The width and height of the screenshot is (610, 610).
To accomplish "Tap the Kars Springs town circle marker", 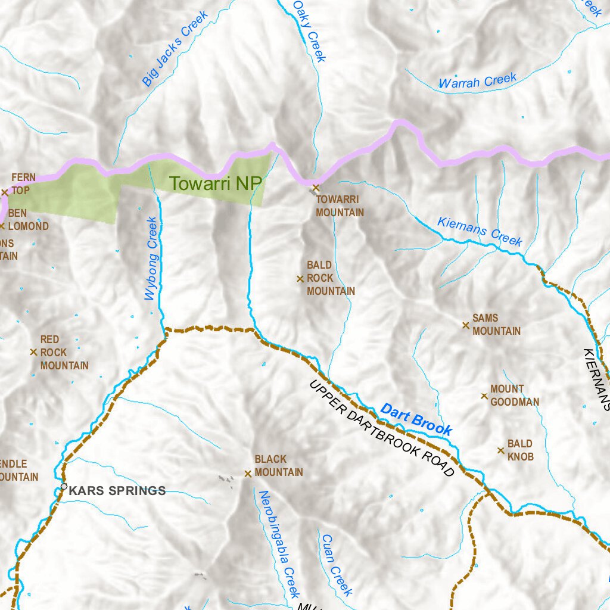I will point(64,487).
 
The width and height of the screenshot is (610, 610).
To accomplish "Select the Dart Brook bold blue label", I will point(416,419).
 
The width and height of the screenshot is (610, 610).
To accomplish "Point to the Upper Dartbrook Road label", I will point(382,428).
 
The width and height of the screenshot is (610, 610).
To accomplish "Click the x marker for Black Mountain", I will point(248,474).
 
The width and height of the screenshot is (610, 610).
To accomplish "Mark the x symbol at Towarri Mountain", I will point(316,188).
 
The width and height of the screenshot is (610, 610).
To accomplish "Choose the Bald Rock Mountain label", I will point(331,278).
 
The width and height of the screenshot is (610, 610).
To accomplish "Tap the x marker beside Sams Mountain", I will point(466,325).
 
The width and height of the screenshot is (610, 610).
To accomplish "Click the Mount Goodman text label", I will point(515,396).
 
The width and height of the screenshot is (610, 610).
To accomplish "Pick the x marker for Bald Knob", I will point(501,450).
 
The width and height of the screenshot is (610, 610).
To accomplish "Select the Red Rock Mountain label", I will point(64,353).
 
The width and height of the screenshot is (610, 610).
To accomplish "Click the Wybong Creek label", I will point(152,259).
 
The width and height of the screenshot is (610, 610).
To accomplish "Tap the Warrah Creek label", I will point(477,82).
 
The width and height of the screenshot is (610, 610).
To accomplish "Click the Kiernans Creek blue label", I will point(480,231).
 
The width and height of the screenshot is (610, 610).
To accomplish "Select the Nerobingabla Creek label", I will point(278,543).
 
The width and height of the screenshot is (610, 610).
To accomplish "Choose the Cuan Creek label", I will point(337,565).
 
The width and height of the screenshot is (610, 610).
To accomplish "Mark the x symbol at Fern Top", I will point(5,192).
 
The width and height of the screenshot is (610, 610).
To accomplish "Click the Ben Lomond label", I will point(28,220).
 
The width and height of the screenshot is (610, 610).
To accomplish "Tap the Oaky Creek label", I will point(309,31).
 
